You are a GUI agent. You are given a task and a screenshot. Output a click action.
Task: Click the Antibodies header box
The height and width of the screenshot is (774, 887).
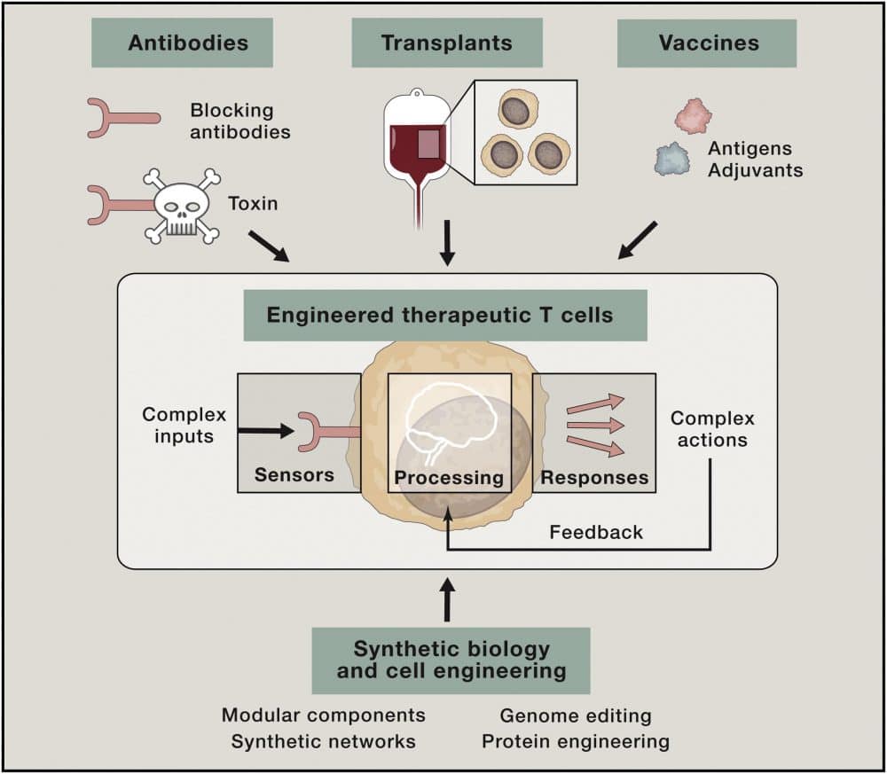[182, 43]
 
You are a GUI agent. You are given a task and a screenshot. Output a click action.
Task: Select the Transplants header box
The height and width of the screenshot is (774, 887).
[446, 43]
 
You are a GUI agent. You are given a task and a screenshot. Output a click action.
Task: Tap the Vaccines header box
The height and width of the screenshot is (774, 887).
[706, 43]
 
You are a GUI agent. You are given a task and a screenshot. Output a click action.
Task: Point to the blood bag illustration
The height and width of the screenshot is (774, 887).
[415, 142]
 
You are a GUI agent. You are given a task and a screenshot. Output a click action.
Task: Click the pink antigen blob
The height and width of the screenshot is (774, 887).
[693, 116]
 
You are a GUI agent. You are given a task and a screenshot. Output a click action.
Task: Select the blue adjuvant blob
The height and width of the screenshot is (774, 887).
[672, 159]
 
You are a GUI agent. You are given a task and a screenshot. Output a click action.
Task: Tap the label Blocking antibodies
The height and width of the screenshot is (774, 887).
[239, 121]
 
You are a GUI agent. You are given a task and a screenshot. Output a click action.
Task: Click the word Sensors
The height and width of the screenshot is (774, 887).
[294, 474]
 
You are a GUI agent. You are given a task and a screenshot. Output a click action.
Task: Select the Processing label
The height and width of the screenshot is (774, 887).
[449, 478]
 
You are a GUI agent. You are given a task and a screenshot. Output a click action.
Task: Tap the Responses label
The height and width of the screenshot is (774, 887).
[594, 478]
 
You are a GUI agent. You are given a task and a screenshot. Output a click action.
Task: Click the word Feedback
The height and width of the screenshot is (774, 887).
[596, 532]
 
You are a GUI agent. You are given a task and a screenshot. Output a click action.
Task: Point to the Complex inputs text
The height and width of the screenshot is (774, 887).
[184, 425]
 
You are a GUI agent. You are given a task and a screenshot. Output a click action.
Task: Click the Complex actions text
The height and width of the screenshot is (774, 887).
[712, 428]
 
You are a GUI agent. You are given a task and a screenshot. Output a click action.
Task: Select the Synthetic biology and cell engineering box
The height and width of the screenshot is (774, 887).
[451, 660]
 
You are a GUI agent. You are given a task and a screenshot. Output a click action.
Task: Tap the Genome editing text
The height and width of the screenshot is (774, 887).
[575, 715]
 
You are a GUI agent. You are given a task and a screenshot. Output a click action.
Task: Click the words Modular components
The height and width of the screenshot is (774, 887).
[323, 715]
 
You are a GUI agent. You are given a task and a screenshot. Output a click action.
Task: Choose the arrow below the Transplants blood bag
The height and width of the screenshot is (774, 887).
[447, 242]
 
